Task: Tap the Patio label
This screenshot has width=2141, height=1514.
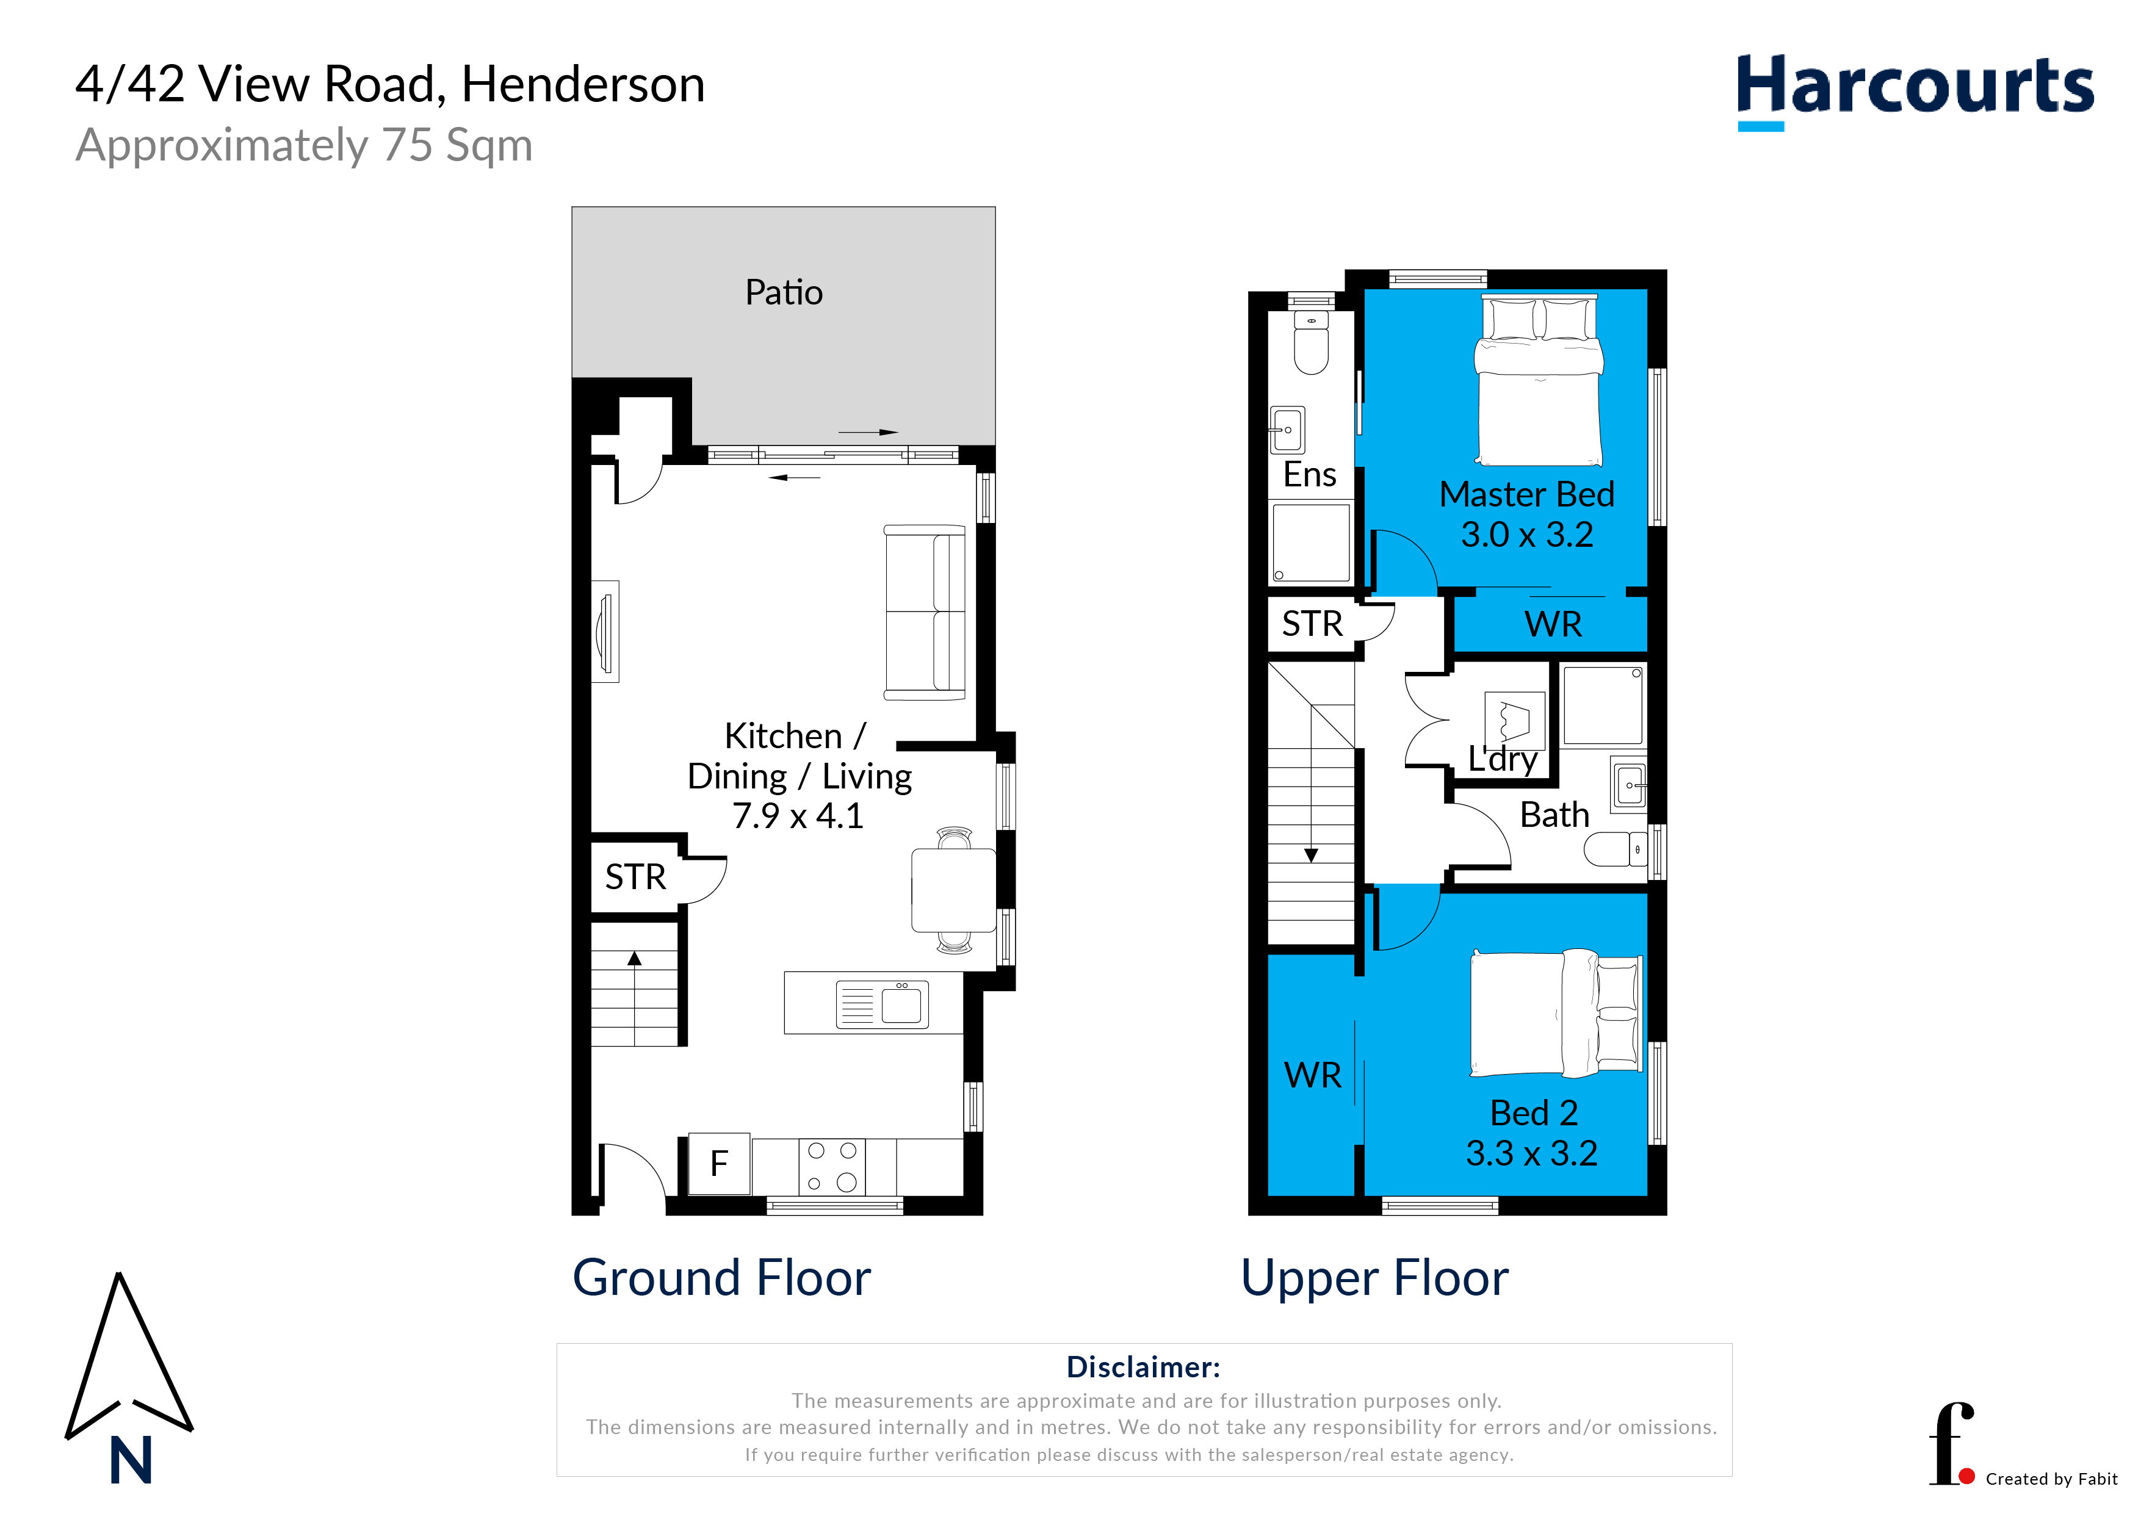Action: tap(783, 293)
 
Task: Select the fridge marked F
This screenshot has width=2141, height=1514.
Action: tap(719, 1164)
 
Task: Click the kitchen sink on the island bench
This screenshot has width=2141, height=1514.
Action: tap(882, 1004)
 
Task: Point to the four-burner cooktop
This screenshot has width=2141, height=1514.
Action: tap(832, 1166)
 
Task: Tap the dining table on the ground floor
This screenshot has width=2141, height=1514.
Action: tap(953, 890)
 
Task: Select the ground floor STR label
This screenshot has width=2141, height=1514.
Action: tap(636, 878)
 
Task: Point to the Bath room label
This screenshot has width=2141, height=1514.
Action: tap(1554, 815)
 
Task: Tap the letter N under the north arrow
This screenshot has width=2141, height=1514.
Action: tap(131, 1460)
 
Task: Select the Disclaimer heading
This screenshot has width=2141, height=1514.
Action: tap(1143, 1368)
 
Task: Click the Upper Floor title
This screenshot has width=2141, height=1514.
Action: tap(1374, 1278)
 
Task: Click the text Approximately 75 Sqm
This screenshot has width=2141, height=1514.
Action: tap(304, 145)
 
